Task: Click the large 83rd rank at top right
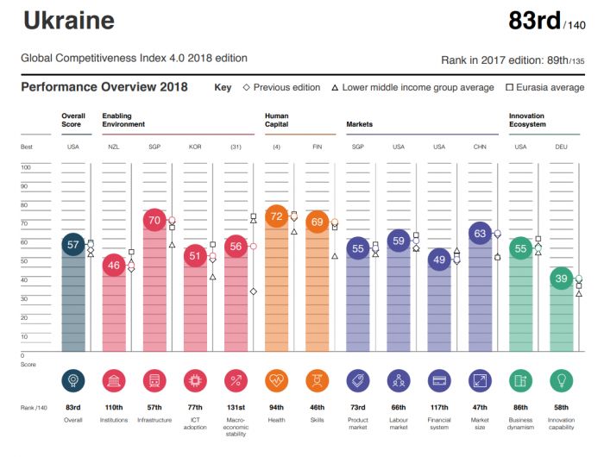(534, 21)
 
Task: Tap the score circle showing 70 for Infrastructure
(155, 220)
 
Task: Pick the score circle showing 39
(562, 279)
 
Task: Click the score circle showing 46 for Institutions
(114, 266)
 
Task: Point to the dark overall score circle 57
(73, 245)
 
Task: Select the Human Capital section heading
(278, 119)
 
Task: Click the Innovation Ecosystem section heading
(527, 119)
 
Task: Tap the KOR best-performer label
(195, 147)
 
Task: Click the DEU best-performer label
(562, 147)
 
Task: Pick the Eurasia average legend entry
(544, 87)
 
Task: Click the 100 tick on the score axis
(26, 167)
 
